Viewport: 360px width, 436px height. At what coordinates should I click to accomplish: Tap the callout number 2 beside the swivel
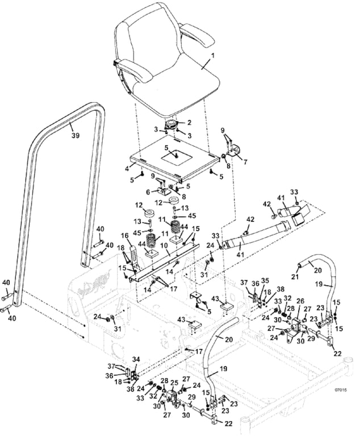[189, 122]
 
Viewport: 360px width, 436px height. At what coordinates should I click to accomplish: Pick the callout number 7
[245, 162]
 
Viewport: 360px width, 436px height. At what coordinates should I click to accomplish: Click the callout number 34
[136, 359]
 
